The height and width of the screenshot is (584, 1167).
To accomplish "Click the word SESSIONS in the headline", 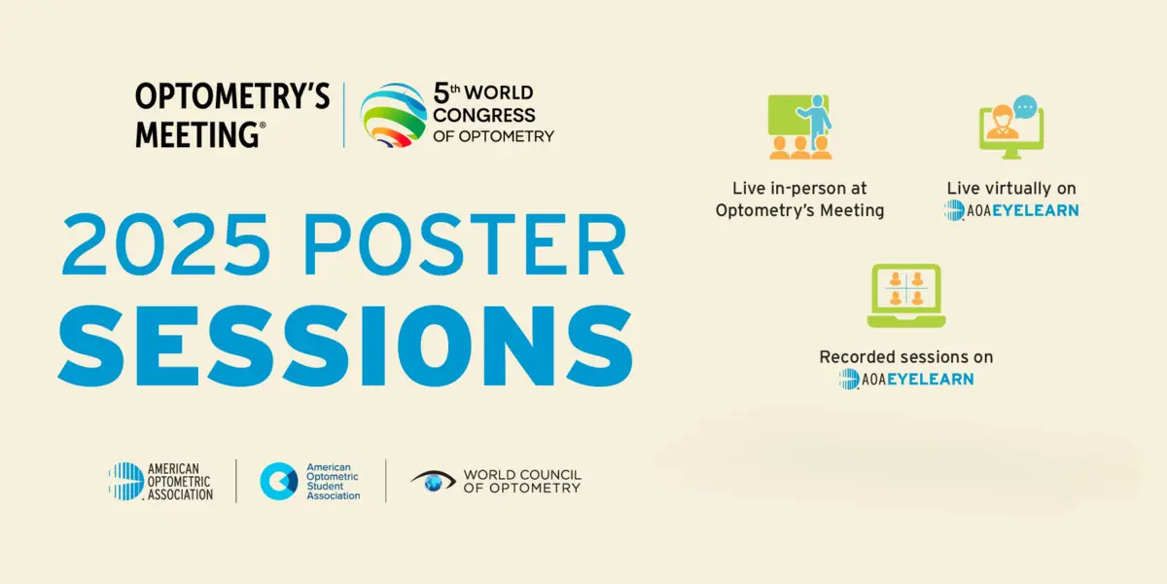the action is click(x=345, y=347).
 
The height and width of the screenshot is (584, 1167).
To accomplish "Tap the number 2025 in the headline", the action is click(x=165, y=244).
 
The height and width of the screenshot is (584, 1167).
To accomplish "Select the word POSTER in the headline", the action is click(x=465, y=244).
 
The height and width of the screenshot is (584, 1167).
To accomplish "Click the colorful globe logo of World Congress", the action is click(x=393, y=115).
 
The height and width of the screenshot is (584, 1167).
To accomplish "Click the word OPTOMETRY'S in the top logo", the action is click(x=232, y=96).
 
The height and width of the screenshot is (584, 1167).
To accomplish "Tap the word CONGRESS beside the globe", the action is click(x=484, y=115).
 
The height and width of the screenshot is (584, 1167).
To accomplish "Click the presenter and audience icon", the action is click(x=800, y=127).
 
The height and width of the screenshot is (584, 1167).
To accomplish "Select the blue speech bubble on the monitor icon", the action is click(x=1025, y=107).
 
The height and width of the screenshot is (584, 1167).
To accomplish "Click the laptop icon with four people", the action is click(x=906, y=296).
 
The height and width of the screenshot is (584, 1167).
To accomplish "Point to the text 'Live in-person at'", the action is click(x=799, y=188).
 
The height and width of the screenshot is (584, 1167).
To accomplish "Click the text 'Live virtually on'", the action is click(x=1011, y=188).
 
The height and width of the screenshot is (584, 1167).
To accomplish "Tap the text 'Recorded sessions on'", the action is click(x=906, y=357).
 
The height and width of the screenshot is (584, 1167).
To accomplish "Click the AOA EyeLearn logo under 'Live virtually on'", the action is click(x=1011, y=210).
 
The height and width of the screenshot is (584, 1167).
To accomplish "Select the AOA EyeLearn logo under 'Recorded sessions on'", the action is click(x=906, y=379).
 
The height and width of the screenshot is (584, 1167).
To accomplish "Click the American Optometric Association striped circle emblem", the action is click(x=126, y=481).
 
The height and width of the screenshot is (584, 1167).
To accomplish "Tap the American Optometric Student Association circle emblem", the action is click(x=279, y=481).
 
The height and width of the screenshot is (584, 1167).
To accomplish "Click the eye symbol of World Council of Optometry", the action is click(x=433, y=481).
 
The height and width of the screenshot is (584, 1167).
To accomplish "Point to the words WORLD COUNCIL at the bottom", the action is click(x=522, y=475).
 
